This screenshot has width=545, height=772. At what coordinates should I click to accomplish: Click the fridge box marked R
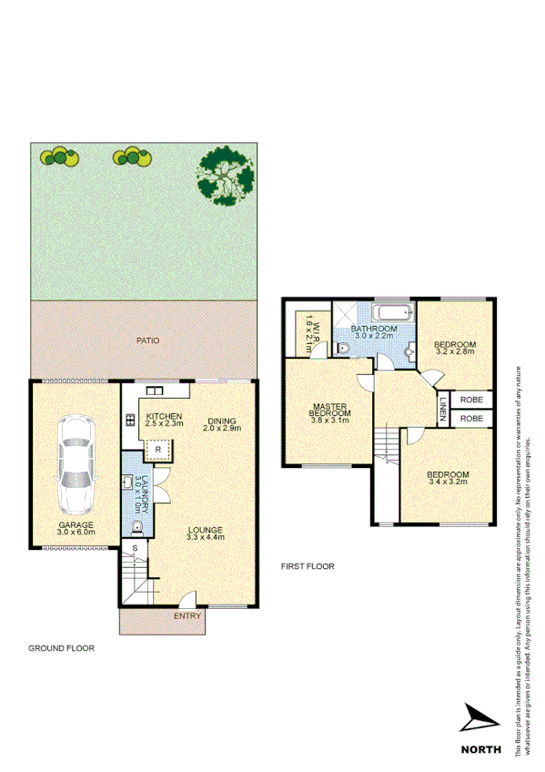pyautogui.click(x=157, y=450)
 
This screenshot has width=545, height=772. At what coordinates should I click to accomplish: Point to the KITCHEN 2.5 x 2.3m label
pyautogui.click(x=164, y=420)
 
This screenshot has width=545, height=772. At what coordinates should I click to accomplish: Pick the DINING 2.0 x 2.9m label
pyautogui.click(x=221, y=424)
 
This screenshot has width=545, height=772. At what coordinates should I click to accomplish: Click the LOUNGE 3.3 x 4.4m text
pyautogui.click(x=204, y=533)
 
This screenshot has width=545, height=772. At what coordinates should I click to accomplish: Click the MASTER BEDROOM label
pyautogui.click(x=330, y=415)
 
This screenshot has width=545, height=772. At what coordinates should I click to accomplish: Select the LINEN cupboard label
pyautogui.click(x=443, y=409)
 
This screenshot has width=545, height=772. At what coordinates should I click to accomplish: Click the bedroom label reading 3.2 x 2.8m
pyautogui.click(x=456, y=346)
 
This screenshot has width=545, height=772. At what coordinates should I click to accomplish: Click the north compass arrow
pyautogui.click(x=479, y=719)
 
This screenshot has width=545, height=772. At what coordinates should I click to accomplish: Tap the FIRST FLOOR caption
pyautogui.click(x=307, y=566)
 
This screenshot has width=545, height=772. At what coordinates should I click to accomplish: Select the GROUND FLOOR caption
pyautogui.click(x=60, y=649)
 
